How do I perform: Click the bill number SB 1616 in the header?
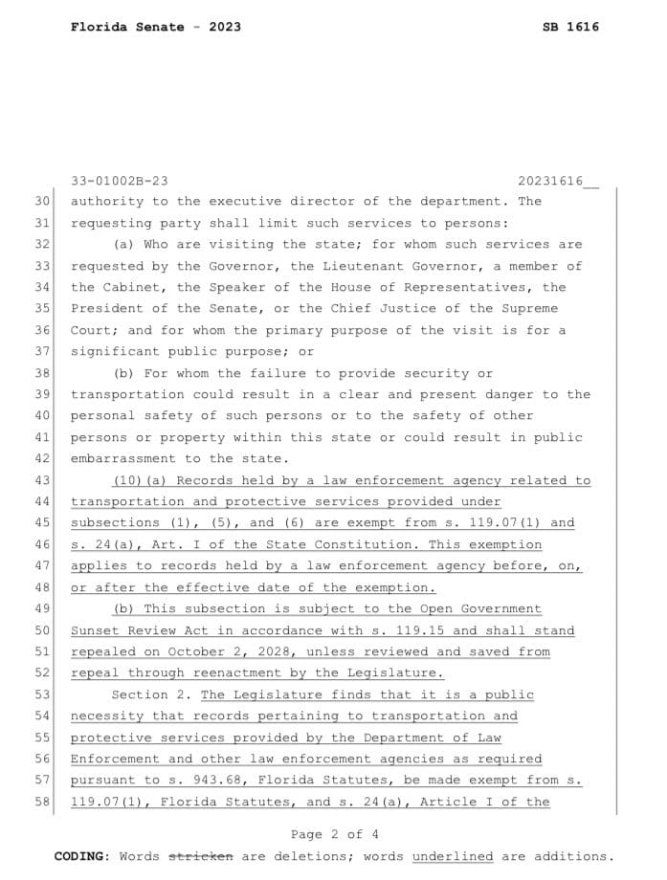point(570,27)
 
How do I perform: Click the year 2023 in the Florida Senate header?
point(222,27)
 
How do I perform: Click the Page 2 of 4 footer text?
point(334,834)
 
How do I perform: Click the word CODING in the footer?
point(80,856)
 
